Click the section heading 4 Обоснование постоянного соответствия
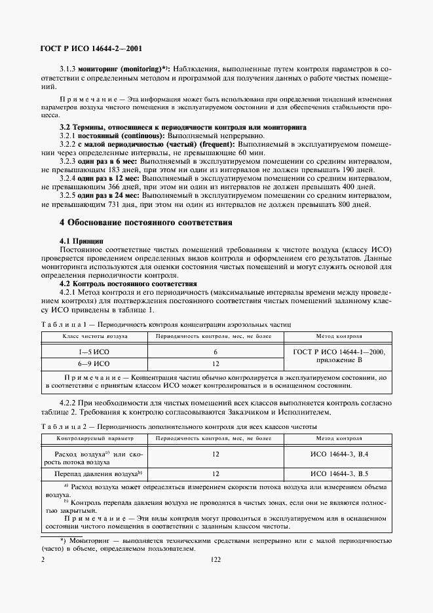pos(146,222)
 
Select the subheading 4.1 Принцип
pos(82,241)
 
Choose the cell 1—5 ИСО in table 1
pos(94,352)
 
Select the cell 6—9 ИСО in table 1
pos(94,363)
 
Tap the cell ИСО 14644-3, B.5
pos(339,473)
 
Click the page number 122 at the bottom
pos(216,560)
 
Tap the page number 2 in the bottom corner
pos(43,560)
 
